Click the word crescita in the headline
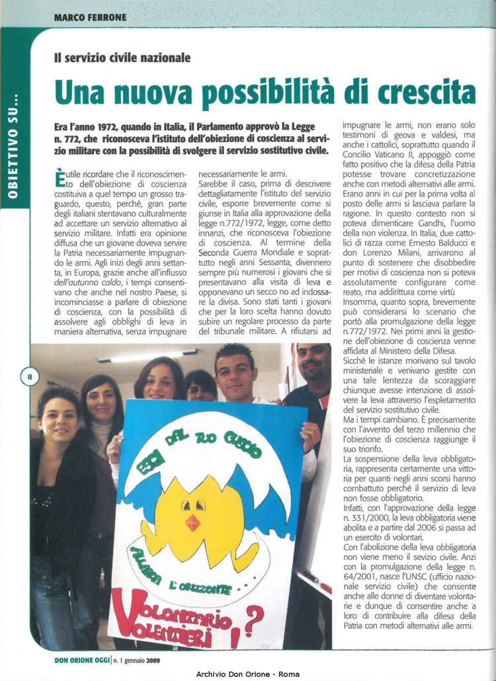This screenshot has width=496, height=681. (x=410, y=93)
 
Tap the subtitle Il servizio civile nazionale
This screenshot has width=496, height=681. (x=122, y=58)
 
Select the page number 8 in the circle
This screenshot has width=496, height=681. (x=30, y=378)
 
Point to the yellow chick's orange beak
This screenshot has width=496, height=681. (x=192, y=522)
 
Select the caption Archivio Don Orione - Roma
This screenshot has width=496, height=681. (x=248, y=674)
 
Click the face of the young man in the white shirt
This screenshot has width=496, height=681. (x=235, y=374)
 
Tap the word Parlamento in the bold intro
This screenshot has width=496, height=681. (x=212, y=125)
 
